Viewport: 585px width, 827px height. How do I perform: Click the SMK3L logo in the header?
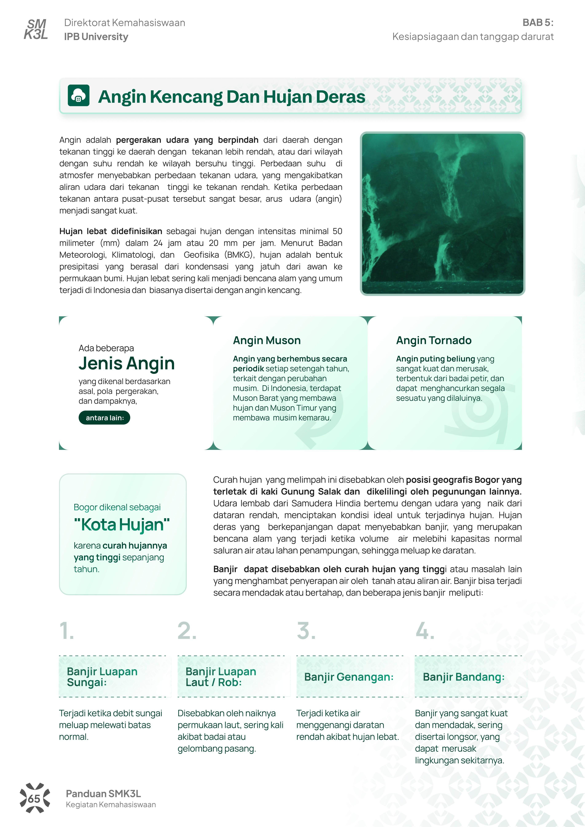36,29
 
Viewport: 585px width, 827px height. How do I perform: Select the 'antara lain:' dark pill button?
104,418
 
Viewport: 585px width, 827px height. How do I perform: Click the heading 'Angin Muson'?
267,340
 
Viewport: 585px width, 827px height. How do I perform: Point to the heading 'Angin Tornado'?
434,340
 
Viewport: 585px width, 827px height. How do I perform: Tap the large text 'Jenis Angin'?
127,363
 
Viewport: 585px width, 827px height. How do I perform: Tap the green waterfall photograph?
442,214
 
